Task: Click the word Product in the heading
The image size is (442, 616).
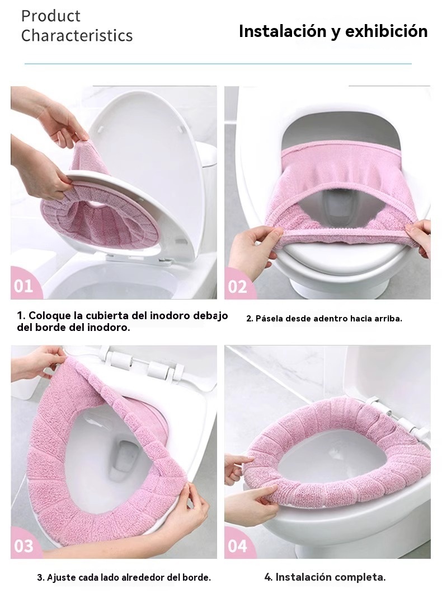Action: click(x=51, y=16)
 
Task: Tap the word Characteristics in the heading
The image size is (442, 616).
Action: click(x=77, y=35)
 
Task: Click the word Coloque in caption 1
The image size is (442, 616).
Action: click(x=49, y=316)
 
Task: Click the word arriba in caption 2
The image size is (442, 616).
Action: click(x=387, y=319)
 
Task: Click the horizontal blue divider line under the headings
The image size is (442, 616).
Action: click(x=218, y=63)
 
